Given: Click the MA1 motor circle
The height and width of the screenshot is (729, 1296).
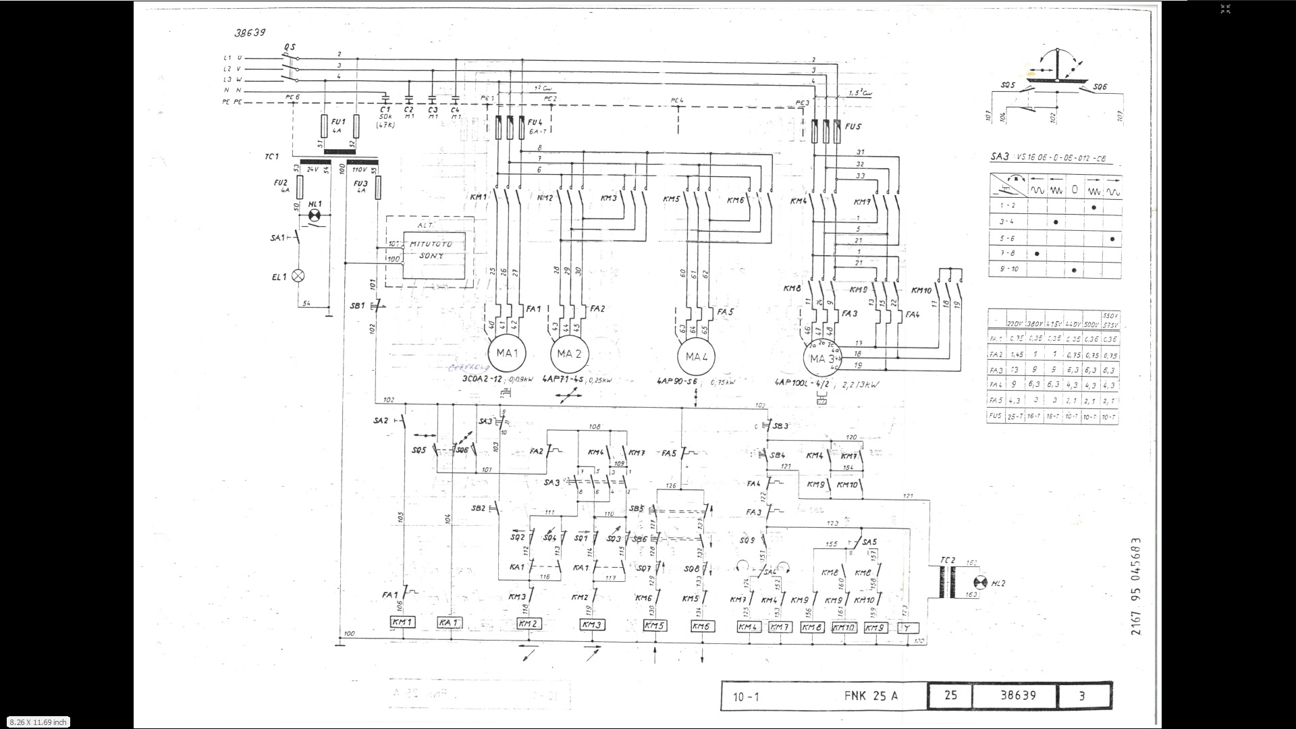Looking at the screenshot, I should [507, 354].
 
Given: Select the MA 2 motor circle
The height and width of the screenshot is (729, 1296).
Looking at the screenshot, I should [570, 354].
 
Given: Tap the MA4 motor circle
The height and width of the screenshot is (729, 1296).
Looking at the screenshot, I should [696, 357].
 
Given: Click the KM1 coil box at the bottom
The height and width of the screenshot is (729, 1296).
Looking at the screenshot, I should [403, 622].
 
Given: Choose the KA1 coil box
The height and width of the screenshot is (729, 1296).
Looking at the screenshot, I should [449, 622].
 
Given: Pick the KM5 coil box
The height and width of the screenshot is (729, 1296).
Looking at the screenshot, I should [654, 626].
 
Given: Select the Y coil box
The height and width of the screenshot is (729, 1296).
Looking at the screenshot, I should [908, 628].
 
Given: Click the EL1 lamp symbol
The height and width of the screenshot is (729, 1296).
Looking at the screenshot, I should [297, 275].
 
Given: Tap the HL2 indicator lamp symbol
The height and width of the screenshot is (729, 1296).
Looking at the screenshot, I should [981, 583].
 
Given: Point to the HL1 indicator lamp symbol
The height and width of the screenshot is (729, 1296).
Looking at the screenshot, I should [314, 215].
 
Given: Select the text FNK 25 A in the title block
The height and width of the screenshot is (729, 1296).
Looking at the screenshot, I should [871, 696].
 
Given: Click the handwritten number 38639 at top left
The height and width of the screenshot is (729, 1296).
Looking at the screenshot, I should [250, 32].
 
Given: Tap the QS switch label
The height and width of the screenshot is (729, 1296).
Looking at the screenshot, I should [290, 47].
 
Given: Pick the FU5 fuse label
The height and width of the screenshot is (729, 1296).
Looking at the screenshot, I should [853, 126].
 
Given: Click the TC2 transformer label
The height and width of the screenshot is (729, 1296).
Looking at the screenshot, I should [948, 560].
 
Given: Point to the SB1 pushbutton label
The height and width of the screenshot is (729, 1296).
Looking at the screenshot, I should [357, 306].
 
